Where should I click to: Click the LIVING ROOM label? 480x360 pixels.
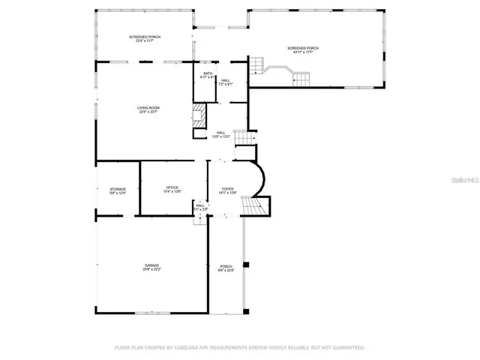coord(148,108)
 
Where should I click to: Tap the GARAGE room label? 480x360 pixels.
coord(151,265)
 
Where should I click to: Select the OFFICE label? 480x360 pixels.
coord(172,187)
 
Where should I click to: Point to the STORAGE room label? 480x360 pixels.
coord(118,189)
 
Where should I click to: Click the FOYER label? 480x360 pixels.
coord(227,188)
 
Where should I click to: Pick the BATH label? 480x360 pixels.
coord(207,73)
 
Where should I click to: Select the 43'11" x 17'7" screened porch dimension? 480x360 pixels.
coord(303,52)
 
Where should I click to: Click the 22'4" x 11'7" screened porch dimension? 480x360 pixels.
coord(144,41)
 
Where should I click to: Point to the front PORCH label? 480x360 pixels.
coord(226,266)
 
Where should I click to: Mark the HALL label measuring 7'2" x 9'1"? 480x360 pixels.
coord(225,84)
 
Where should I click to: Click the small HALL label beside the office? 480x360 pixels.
coord(200,205)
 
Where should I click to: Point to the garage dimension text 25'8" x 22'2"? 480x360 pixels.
coord(151,269)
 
